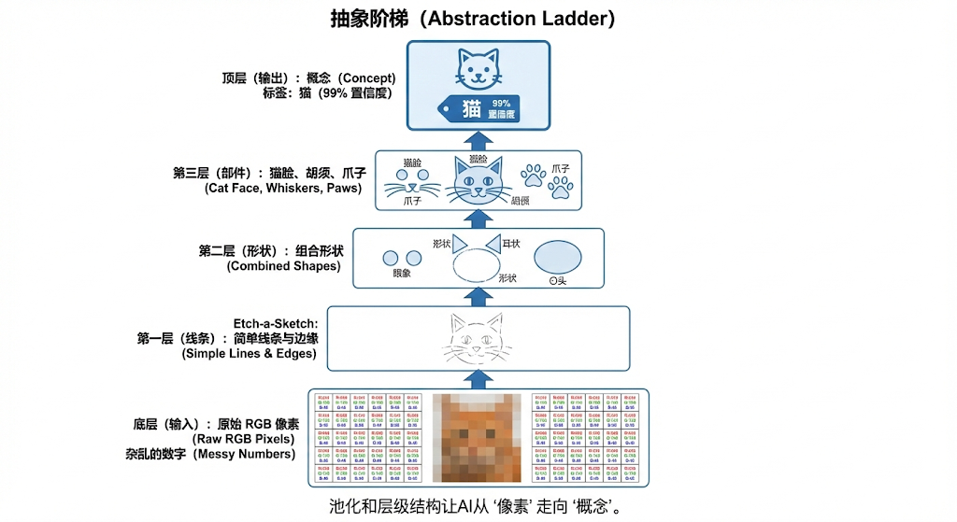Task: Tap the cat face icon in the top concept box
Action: (478, 67)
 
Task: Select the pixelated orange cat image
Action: (479, 436)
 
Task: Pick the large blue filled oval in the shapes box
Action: (556, 257)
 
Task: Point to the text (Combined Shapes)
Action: (284, 266)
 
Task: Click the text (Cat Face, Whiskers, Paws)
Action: (285, 188)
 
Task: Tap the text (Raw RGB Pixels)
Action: (246, 438)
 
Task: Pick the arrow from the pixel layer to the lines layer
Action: (479, 377)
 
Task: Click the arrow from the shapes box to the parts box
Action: (479, 217)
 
